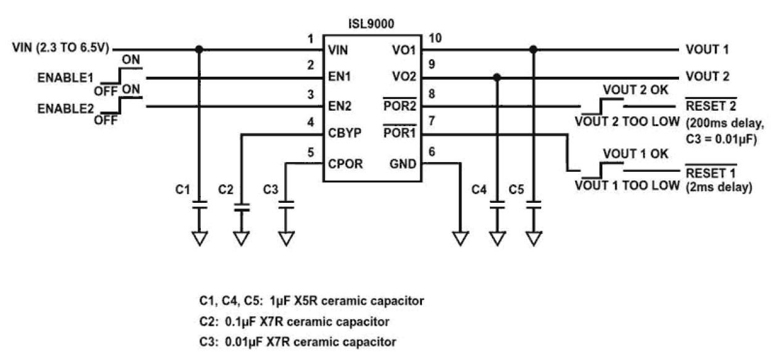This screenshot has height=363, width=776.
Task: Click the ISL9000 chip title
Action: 372,24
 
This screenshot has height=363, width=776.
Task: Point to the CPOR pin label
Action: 345,164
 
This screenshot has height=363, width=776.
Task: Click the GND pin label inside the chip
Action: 403,164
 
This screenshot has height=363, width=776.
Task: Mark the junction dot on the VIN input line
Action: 198,49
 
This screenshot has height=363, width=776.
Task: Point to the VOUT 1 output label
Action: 707,49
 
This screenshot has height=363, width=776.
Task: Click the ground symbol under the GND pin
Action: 460,237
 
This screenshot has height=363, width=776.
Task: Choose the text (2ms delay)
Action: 719,186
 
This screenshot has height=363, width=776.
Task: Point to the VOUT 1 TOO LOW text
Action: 627,185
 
